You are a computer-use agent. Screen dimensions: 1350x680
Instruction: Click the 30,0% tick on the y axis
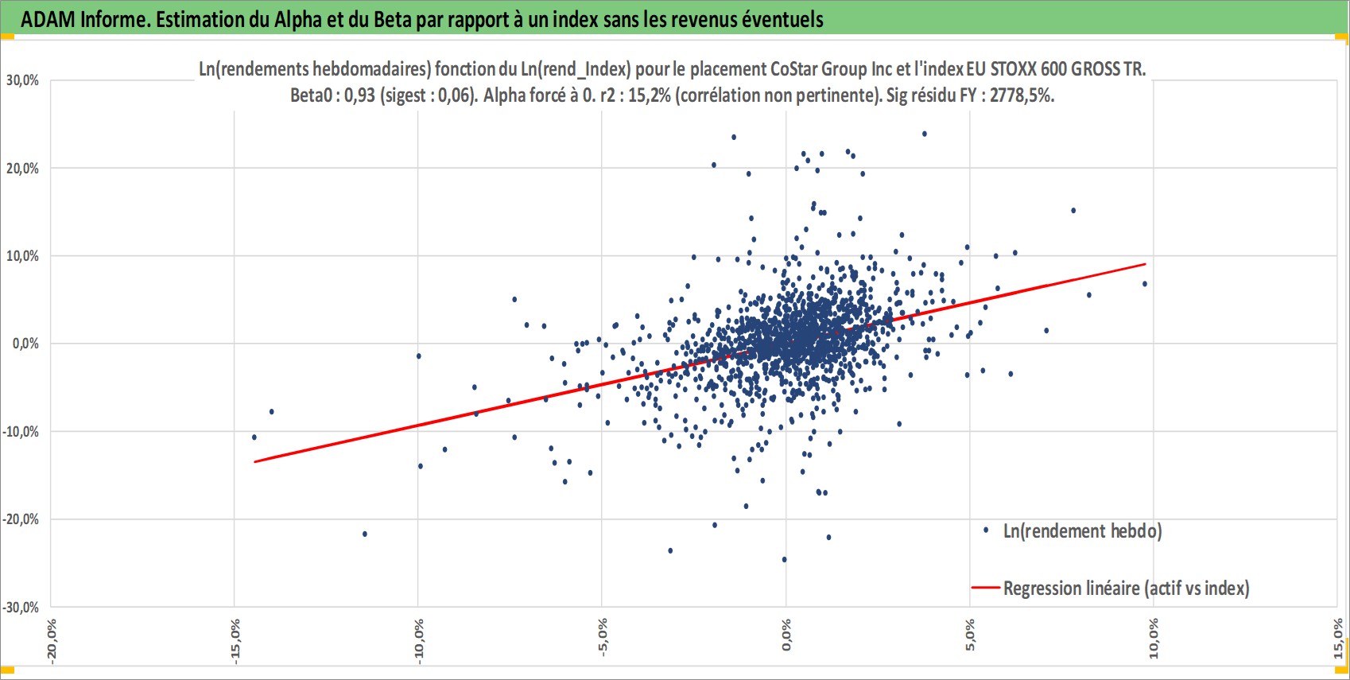(x=23, y=80)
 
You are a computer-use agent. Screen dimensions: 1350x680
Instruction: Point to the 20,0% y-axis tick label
(x=23, y=168)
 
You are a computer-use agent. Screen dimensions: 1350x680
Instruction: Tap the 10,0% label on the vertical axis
(x=23, y=256)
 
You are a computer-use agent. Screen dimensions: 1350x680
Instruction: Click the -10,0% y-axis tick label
(x=21, y=432)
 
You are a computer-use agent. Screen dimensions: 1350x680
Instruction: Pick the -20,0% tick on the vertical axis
(x=21, y=519)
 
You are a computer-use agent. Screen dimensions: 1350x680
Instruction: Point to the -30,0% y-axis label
(x=21, y=607)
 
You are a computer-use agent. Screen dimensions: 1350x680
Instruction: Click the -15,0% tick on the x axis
(x=235, y=641)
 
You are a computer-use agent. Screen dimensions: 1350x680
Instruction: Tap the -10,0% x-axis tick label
(x=419, y=641)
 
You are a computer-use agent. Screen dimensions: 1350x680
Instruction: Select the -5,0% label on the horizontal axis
(x=603, y=637)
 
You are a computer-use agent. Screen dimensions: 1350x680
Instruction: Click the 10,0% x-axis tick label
(x=1154, y=639)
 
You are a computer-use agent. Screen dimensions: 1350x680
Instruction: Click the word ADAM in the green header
(x=48, y=20)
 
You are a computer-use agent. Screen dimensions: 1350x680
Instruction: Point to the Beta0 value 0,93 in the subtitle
(x=360, y=96)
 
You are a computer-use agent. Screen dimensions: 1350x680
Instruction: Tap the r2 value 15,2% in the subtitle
(x=650, y=96)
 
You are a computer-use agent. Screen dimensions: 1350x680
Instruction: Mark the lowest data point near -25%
(x=784, y=559)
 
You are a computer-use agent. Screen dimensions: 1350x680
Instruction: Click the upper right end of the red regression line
(x=1145, y=264)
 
